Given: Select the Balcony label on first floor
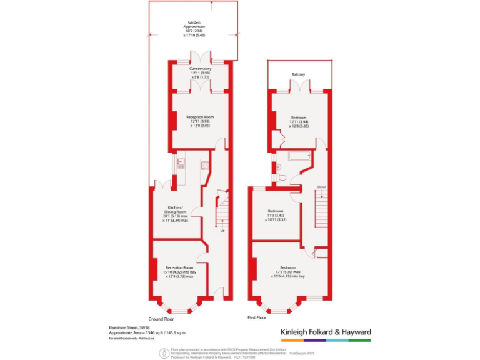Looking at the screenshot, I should pyautogui.click(x=298, y=75).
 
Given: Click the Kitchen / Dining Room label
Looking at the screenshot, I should pyautogui.click(x=176, y=208).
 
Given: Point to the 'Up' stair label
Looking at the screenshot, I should pyautogui.click(x=222, y=231).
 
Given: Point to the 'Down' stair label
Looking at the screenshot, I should pyautogui.click(x=321, y=187).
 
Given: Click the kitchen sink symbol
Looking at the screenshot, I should pyautogui.click(x=181, y=164).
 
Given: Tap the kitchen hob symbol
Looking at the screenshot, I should pyautogui.click(x=204, y=166).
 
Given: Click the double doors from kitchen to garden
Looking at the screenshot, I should pyautogui.click(x=161, y=184).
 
